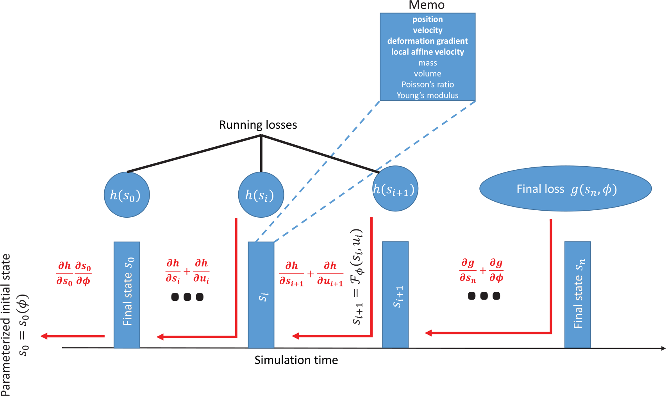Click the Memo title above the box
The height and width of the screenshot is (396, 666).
[427, 5]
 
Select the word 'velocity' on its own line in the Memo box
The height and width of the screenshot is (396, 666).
[428, 30]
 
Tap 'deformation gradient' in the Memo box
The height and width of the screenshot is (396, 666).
[428, 41]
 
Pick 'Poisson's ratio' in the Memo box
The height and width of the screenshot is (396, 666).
[428, 85]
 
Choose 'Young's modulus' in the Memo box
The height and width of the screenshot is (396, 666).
[428, 96]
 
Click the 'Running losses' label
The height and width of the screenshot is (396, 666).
[258, 125]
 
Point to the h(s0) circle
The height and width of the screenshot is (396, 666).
[127, 195]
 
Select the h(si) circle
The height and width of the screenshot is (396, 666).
[261, 195]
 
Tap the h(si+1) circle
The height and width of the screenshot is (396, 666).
[395, 189]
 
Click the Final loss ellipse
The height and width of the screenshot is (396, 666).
[565, 189]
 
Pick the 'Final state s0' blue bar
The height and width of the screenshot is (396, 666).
[127, 295]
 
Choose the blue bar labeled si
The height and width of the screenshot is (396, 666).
[261, 295]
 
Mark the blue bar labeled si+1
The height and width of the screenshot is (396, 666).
[395, 295]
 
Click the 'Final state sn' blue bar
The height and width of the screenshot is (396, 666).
[578, 295]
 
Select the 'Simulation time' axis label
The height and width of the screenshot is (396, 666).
[296, 360]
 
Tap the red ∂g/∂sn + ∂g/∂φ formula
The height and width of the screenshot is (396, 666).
[481, 270]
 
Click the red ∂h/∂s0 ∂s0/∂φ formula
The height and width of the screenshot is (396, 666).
[74, 273]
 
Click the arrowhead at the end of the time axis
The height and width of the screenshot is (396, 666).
[663, 348]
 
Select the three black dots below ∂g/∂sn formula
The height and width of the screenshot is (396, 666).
[484, 296]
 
